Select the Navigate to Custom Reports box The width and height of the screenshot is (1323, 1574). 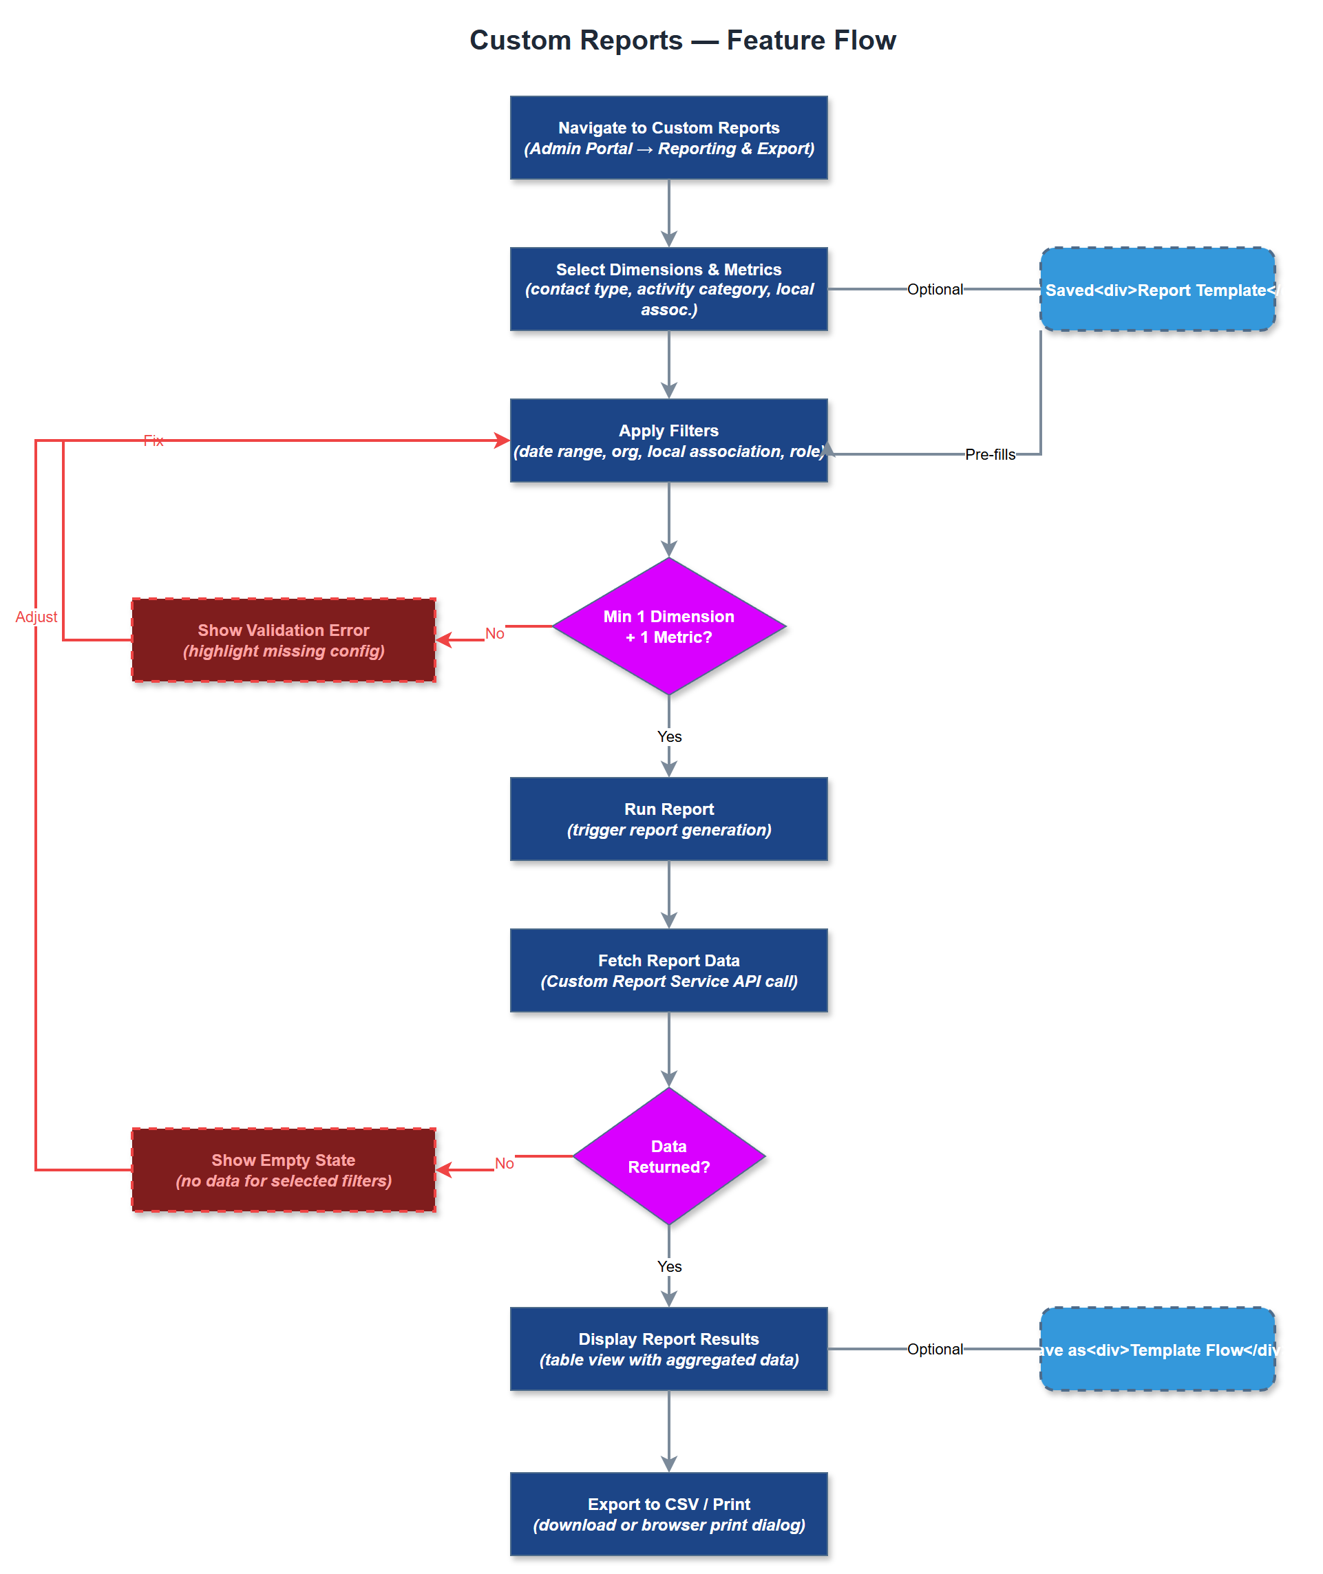pos(668,138)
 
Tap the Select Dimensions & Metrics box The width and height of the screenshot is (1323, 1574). pos(668,290)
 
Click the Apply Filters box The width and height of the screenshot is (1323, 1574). pos(668,441)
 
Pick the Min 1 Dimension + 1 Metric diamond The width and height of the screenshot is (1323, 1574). pos(668,627)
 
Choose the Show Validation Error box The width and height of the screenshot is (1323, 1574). pos(284,640)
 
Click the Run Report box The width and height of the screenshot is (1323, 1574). pos(668,820)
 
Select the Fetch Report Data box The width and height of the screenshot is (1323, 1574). pos(668,971)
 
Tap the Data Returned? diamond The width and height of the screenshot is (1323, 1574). pos(668,1156)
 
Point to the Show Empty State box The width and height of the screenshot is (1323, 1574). pos(284,1170)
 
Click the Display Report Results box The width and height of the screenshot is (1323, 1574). pos(668,1349)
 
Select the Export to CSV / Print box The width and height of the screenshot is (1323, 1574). pos(668,1514)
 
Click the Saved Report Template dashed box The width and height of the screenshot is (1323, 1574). pos(1156,290)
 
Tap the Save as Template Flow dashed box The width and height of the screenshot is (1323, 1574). pos(1156,1349)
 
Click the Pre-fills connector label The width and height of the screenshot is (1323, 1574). pos(989,454)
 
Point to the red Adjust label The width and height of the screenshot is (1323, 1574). pos(36,617)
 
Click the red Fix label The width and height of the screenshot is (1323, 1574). pos(153,441)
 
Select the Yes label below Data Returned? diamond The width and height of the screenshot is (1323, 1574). pos(669,1266)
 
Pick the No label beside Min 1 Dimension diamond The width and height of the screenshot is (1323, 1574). pos(494,634)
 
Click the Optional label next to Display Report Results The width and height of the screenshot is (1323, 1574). pos(935,1349)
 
